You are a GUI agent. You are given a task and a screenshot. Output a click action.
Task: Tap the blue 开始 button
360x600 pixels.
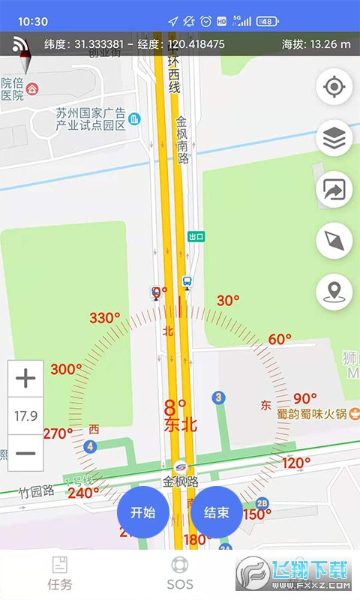pos(142,512)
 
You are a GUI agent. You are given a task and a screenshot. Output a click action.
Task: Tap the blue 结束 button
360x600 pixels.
pos(216,512)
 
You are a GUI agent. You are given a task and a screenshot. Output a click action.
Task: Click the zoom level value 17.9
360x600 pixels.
pos(25,415)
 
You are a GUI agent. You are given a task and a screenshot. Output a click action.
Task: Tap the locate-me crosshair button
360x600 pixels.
pos(334,88)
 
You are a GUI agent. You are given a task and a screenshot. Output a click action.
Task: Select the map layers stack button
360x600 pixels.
pos(334,139)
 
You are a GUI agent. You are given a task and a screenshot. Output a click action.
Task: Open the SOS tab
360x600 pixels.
pos(180,574)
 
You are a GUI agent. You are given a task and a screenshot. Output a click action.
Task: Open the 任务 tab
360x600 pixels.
pos(59,574)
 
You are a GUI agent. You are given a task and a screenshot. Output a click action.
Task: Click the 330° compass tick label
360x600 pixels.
pos(105,318)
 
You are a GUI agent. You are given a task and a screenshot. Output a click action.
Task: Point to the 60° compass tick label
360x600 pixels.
pos(280,339)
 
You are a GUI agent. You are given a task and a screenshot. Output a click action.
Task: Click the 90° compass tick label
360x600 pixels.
pos(305,398)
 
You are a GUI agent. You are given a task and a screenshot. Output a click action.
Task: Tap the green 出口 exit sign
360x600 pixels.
pos(196,236)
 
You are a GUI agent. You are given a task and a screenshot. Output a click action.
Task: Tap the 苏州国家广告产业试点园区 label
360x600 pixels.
pos(90,119)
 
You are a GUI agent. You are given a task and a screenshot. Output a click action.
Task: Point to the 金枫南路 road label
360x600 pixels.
pos(182,139)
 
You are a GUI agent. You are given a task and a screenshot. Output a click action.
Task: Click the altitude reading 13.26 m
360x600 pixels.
pos(316,44)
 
